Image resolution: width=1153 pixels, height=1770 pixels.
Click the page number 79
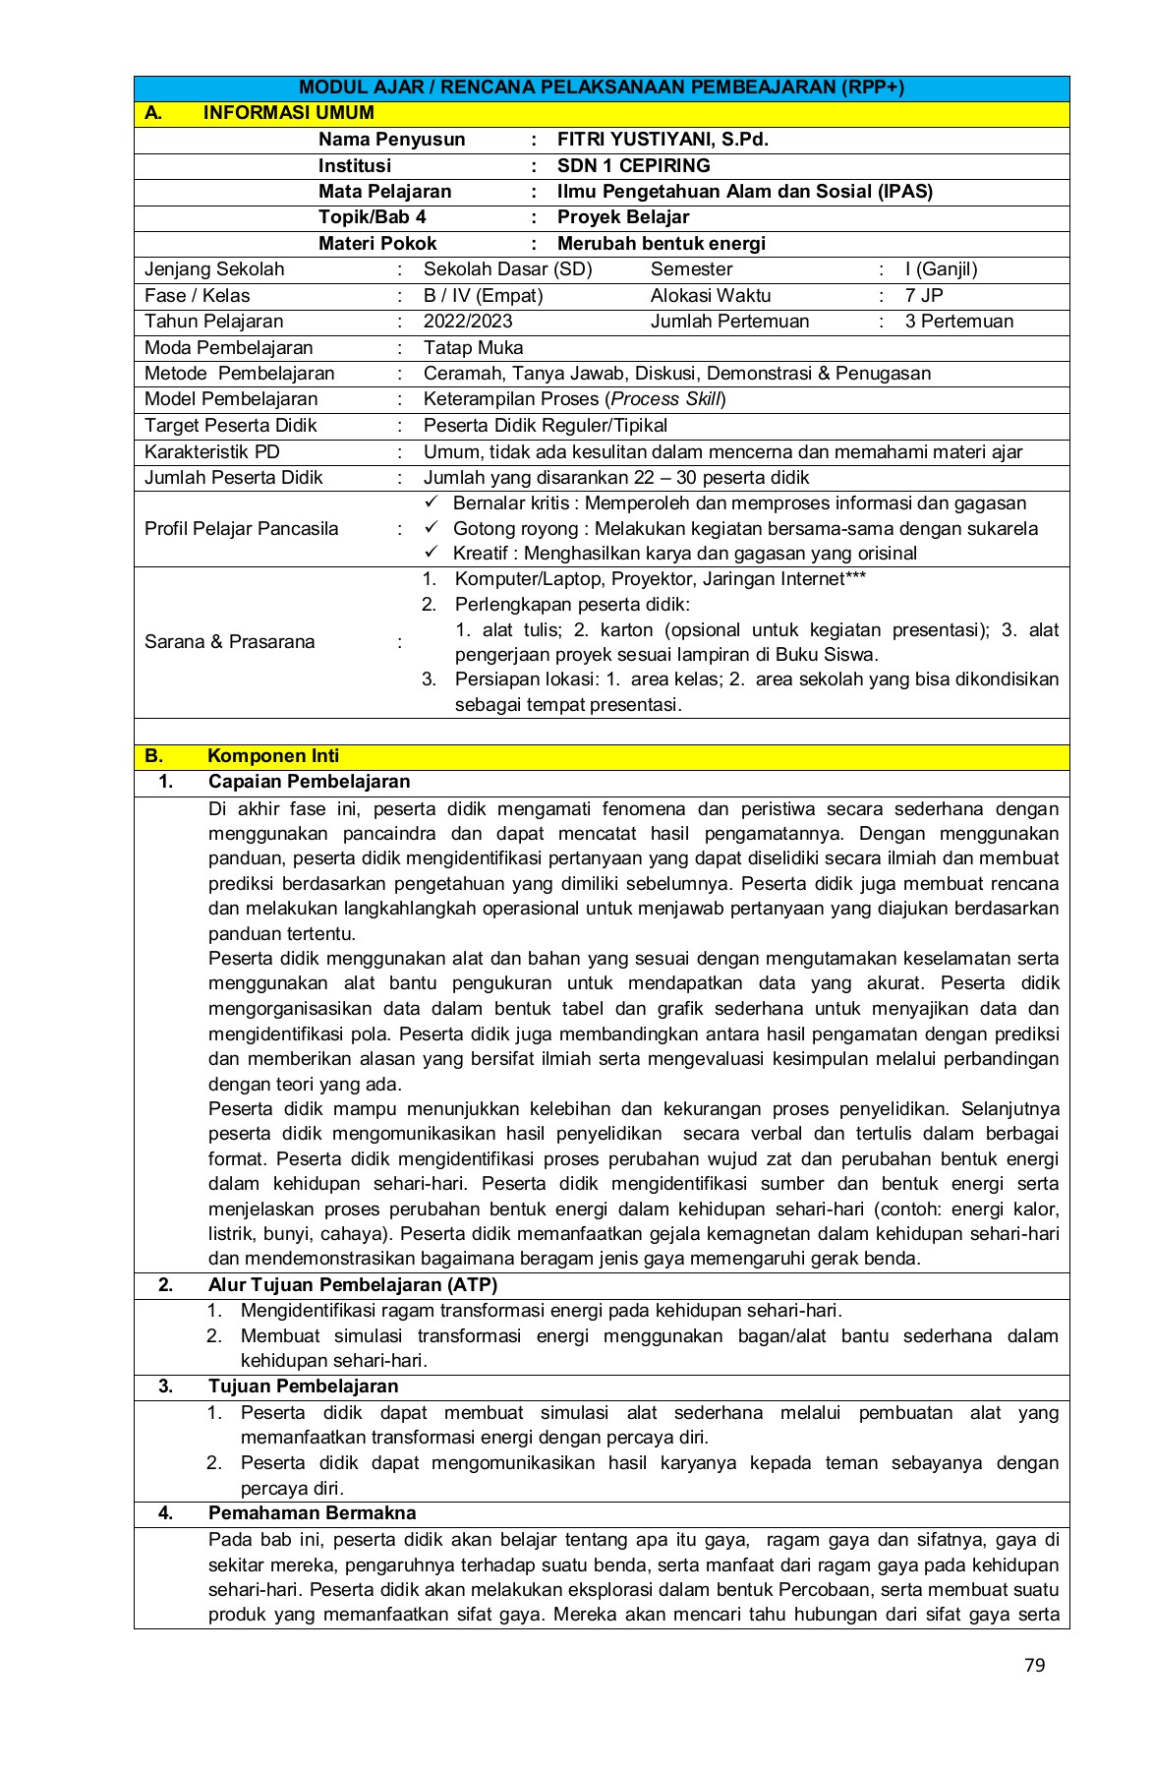tap(1034, 1665)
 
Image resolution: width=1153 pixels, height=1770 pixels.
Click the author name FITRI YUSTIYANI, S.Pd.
tap(663, 140)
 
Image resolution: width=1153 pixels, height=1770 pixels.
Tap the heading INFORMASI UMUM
tap(288, 113)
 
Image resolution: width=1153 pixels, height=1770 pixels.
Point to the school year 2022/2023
tap(468, 322)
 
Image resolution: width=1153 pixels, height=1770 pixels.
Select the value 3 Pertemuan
tap(958, 322)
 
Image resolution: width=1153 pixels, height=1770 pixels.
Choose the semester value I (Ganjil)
tap(941, 269)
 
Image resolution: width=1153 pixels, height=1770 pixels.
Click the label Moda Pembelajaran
tap(228, 348)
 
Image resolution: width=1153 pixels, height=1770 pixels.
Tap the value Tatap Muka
tap(473, 348)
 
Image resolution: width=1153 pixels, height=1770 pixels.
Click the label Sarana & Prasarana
tap(229, 642)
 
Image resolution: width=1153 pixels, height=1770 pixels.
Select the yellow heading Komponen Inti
tap(273, 756)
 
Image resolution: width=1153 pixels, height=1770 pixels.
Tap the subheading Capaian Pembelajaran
tap(309, 782)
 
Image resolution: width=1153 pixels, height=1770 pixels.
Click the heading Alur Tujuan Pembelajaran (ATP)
tap(353, 1284)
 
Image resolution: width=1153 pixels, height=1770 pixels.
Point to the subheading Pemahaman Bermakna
tap(312, 1513)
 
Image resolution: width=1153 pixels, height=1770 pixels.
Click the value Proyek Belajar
tap(623, 217)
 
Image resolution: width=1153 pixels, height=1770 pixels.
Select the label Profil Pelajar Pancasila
tap(241, 529)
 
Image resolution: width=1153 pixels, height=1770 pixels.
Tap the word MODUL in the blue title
tap(330, 88)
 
